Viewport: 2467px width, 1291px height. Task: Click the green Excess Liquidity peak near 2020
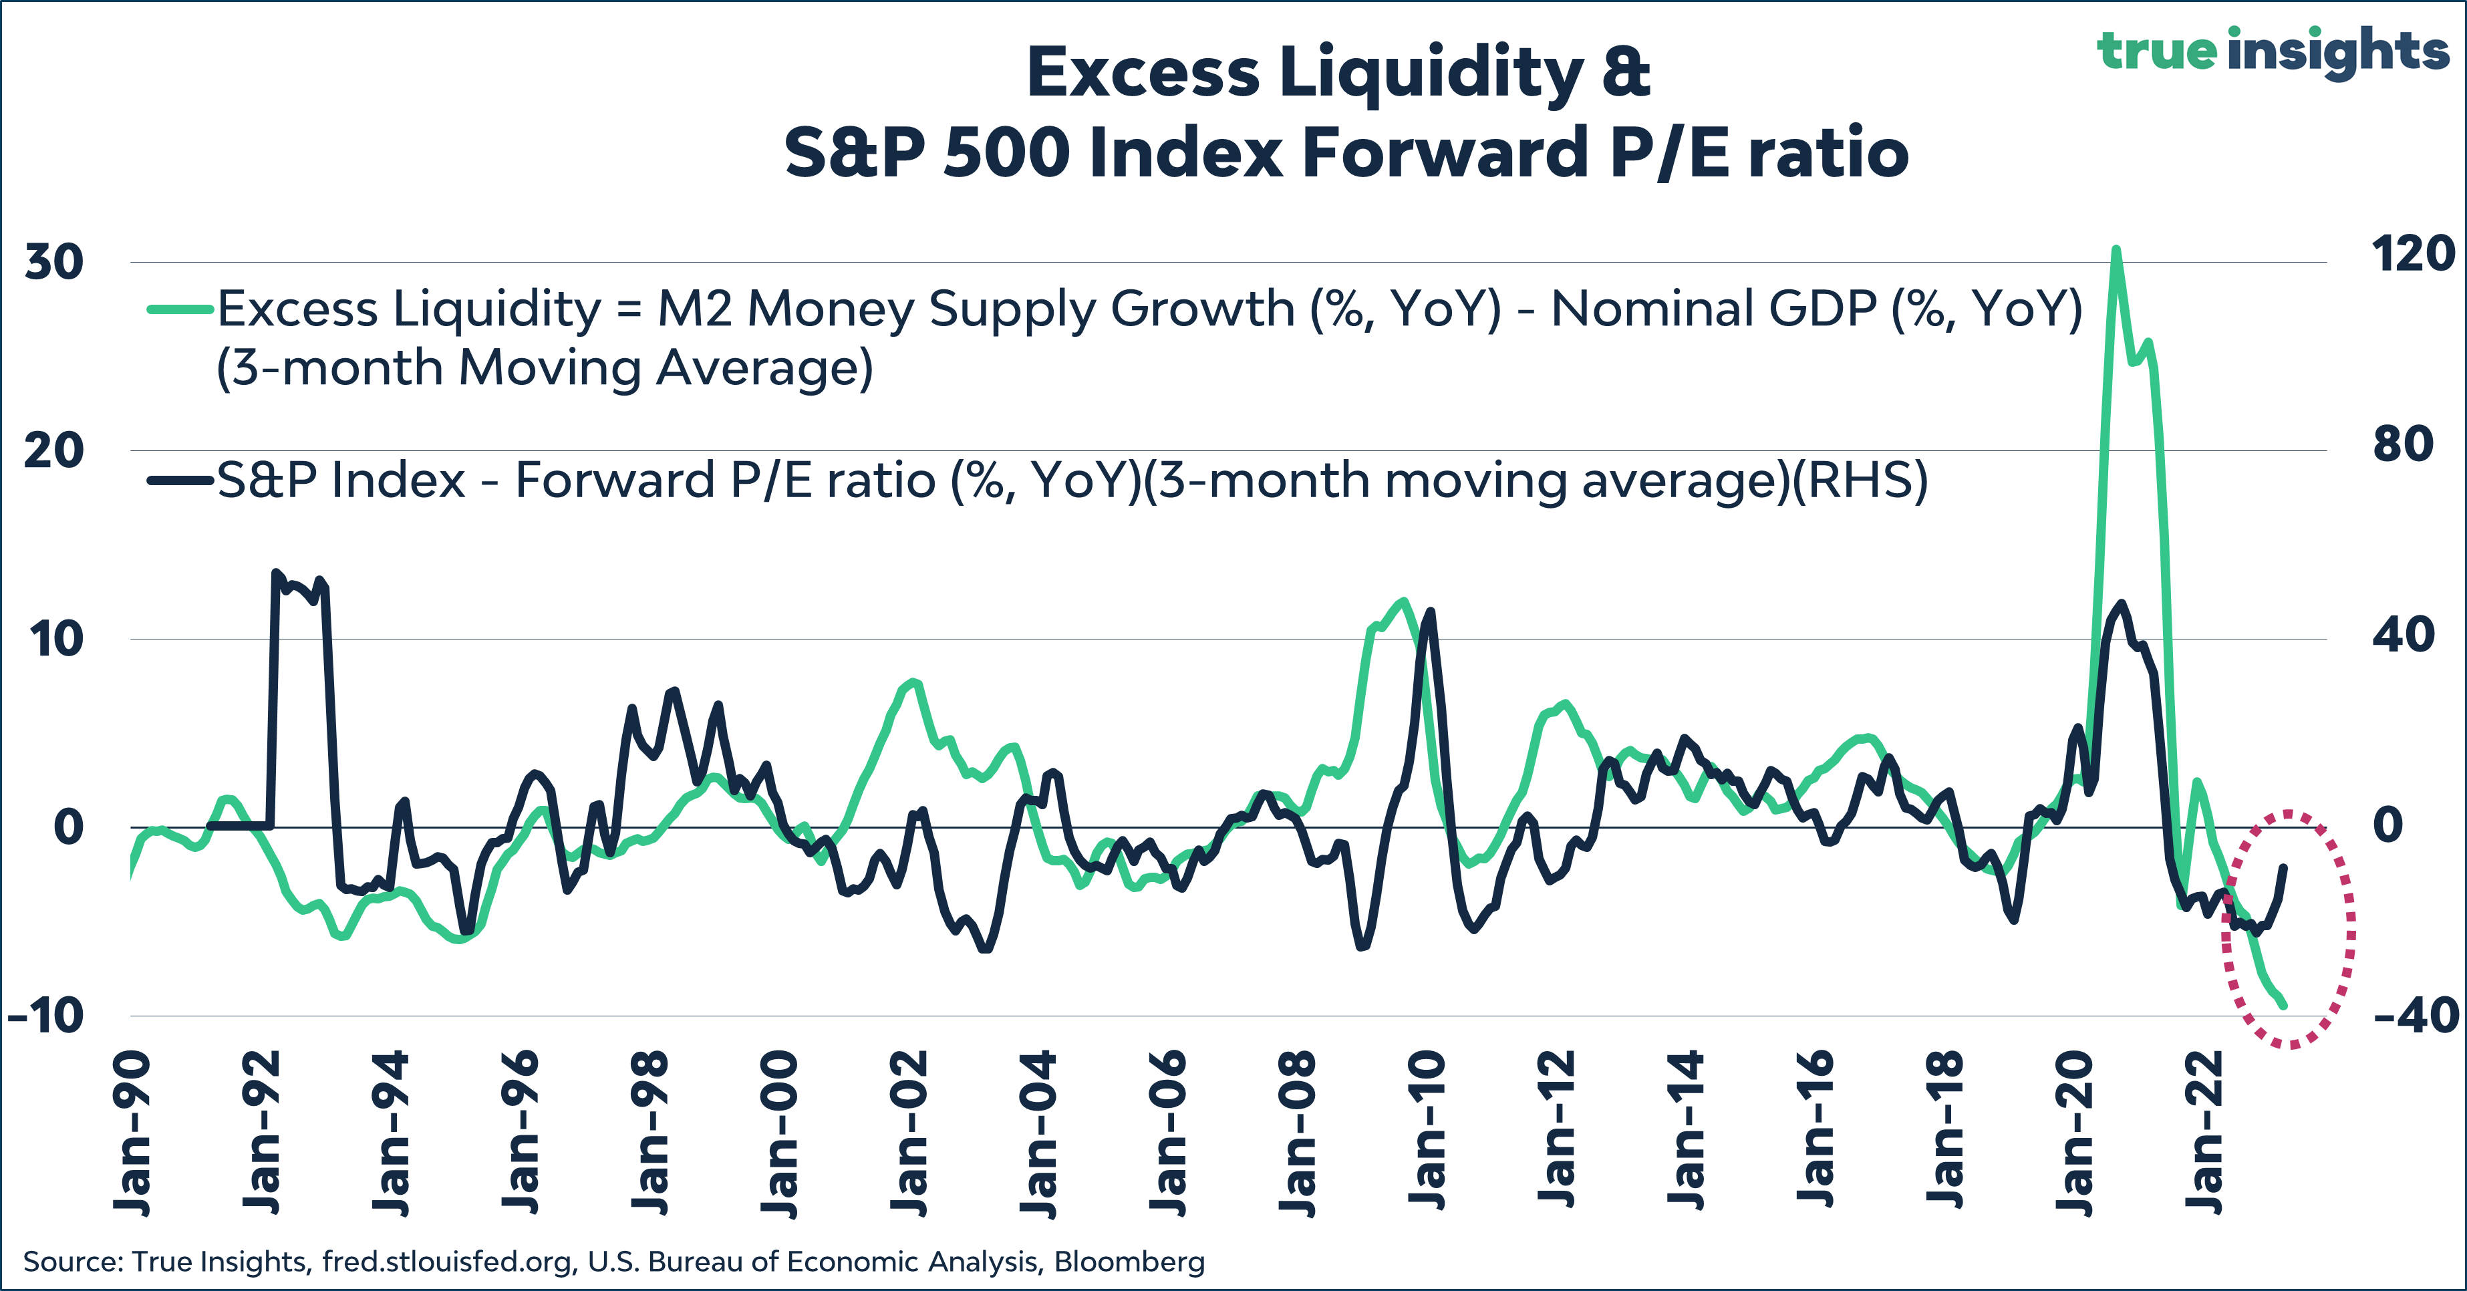[2116, 251]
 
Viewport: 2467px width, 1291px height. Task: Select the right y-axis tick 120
[2412, 254]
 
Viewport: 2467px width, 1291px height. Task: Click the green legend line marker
[179, 309]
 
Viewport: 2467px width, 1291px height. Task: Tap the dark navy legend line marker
[179, 480]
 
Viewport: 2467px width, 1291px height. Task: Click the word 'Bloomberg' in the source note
[1129, 1262]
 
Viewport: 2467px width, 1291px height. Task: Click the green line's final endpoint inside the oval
[2285, 1006]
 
